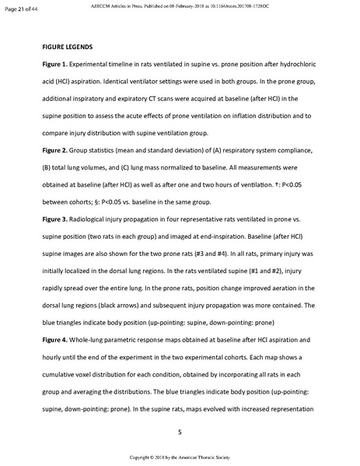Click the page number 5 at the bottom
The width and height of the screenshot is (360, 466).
[x=180, y=431]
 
